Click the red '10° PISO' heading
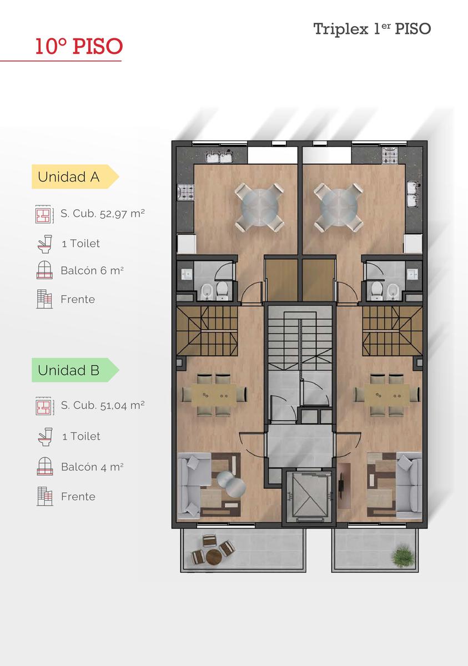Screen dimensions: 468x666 click(x=79, y=47)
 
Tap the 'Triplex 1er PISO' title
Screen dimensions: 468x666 click(x=372, y=29)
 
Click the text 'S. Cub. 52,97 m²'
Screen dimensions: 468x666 click(x=103, y=214)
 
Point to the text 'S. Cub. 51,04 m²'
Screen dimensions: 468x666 click(x=103, y=406)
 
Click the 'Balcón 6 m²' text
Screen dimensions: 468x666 click(x=92, y=271)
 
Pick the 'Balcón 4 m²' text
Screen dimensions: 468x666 click(x=92, y=467)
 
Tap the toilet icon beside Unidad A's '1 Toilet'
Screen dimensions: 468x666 click(x=45, y=244)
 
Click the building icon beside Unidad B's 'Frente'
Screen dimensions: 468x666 click(x=45, y=496)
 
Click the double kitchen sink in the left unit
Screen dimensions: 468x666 click(x=220, y=157)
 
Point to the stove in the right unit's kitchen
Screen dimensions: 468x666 click(x=390, y=155)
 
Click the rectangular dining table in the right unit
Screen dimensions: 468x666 click(x=387, y=395)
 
